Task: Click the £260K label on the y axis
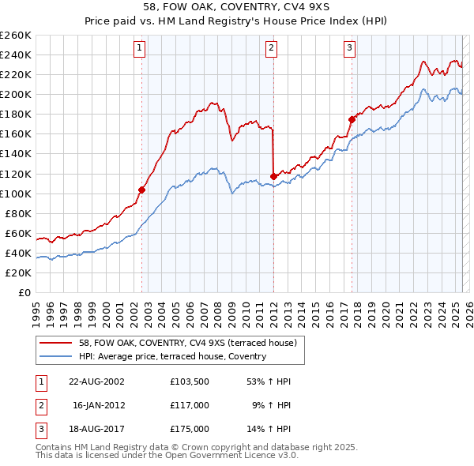pyautogui.click(x=16, y=36)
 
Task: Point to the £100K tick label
pyautogui.click(x=16, y=194)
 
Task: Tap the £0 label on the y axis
pyautogui.click(x=25, y=293)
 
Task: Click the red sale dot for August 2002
pyautogui.click(x=142, y=190)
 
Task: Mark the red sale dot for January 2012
pyautogui.click(x=273, y=176)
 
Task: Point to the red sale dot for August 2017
pyautogui.click(x=352, y=119)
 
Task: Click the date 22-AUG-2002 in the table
pyautogui.click(x=96, y=381)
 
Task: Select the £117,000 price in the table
pyautogui.click(x=190, y=405)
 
